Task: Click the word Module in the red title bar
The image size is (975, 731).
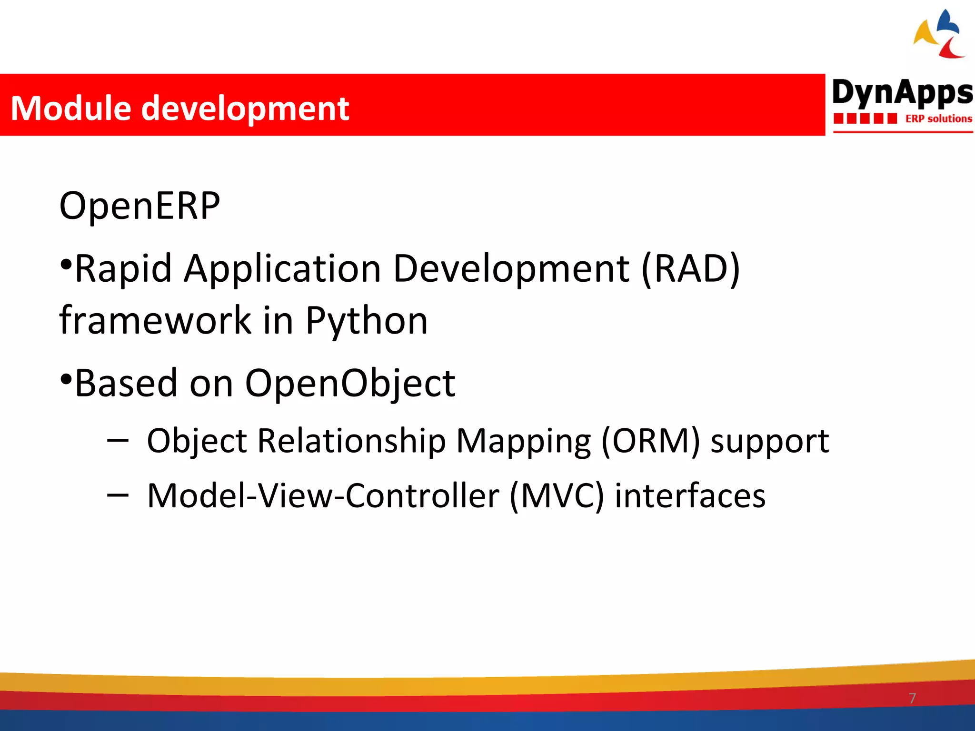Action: tap(70, 109)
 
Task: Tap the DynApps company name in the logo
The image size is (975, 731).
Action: tap(902, 92)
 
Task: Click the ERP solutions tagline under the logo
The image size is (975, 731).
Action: tap(938, 119)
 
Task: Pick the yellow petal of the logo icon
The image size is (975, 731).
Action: tap(925, 34)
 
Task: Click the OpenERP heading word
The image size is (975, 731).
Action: tap(139, 206)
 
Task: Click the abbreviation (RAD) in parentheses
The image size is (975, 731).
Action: tap(690, 269)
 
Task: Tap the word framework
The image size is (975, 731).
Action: tap(155, 320)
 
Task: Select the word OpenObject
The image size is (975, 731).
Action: tap(350, 383)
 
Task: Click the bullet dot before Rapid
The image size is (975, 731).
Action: tap(66, 264)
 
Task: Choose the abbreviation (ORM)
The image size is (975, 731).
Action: tap(650, 441)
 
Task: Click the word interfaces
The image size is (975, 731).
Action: tap(690, 496)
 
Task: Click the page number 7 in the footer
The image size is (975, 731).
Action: tap(912, 698)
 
